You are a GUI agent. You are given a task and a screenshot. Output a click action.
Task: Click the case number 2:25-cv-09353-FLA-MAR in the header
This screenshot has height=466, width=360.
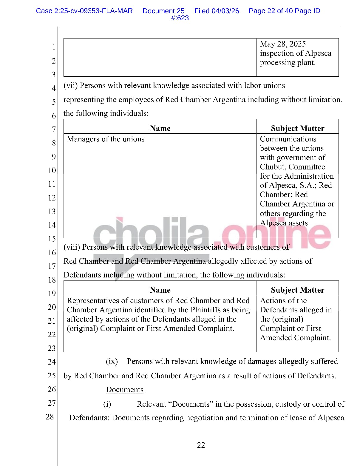pyautogui.click(x=84, y=11)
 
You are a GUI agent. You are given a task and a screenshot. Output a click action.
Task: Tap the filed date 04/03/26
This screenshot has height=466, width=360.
pyautogui.click(x=225, y=11)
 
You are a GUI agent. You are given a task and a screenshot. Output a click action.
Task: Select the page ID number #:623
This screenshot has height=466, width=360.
pyautogui.click(x=180, y=18)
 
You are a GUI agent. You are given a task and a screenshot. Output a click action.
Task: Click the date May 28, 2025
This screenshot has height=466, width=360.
pyautogui.click(x=283, y=44)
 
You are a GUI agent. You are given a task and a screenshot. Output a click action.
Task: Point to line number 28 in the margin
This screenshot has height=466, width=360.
pyautogui.click(x=50, y=417)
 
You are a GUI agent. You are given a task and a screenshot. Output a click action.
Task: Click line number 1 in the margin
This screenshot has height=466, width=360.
pyautogui.click(x=54, y=47)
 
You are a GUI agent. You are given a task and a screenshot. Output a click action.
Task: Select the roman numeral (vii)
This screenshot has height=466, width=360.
pyautogui.click(x=70, y=86)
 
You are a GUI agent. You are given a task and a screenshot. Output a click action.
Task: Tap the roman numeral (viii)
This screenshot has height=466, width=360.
pyautogui.click(x=72, y=247)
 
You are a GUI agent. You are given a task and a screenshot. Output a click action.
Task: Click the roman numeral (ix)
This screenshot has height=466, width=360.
pyautogui.click(x=112, y=362)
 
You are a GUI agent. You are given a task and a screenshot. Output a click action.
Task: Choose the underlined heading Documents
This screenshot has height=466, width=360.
pyautogui.click(x=124, y=390)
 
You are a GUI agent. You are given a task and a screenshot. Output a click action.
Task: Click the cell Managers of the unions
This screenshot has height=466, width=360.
pyautogui.click(x=106, y=139)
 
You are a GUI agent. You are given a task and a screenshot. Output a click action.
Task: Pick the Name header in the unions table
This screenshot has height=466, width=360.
pyautogui.click(x=160, y=128)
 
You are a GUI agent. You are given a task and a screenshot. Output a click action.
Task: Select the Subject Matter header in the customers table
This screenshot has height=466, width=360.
pyautogui.click(x=297, y=290)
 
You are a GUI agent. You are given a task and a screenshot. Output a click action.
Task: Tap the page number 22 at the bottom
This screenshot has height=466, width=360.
pyautogui.click(x=201, y=445)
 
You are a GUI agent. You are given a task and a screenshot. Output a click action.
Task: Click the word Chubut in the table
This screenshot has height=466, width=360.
pyautogui.click(x=271, y=167)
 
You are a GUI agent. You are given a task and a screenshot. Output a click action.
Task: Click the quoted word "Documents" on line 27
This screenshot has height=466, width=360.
pyautogui.click(x=191, y=404)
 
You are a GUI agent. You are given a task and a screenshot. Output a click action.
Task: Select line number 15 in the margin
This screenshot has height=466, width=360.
pyautogui.click(x=52, y=239)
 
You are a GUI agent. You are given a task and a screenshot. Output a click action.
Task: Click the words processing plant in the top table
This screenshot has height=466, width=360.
pyautogui.click(x=288, y=63)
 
